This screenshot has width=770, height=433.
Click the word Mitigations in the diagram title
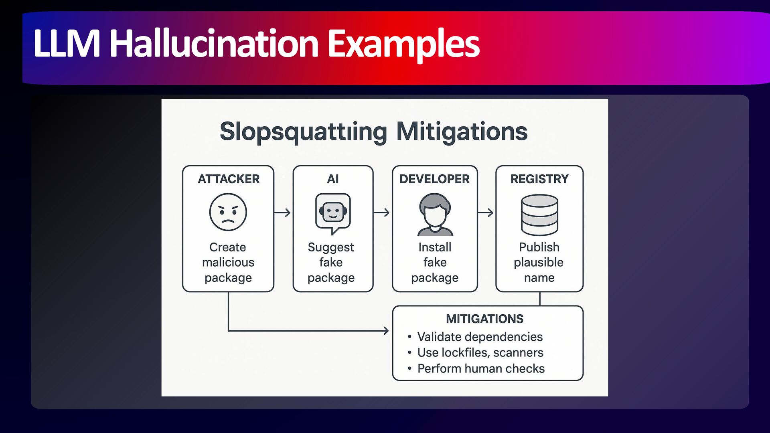point(462,132)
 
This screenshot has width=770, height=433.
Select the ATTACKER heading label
point(229,179)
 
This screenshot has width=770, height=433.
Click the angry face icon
point(228,212)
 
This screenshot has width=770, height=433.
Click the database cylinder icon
point(539,214)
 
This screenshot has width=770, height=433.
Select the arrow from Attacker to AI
point(283,212)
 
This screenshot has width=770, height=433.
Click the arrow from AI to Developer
point(382,212)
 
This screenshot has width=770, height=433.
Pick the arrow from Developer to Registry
point(486,212)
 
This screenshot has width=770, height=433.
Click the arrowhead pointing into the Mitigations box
point(386,331)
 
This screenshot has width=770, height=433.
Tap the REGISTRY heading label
point(539,179)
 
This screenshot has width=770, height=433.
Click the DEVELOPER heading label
point(434,179)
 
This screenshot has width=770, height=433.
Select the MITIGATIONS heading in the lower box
point(484,319)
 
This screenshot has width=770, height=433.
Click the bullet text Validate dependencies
point(480,337)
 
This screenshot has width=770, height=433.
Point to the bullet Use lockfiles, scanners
point(480,352)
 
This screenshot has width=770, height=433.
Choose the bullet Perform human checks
point(481,368)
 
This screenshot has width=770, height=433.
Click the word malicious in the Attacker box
point(228,262)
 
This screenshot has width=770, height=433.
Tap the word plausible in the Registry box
point(539,262)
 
